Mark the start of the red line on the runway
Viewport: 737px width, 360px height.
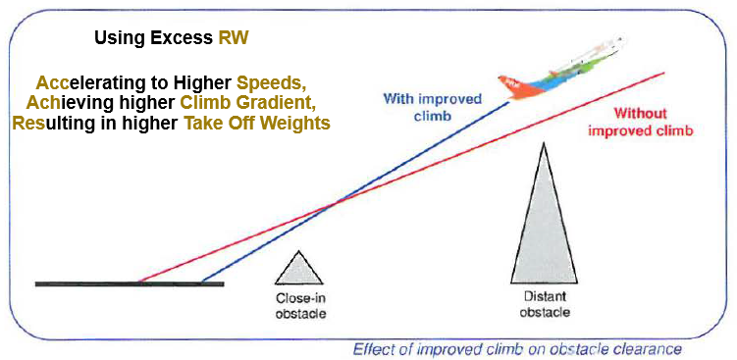[x=136, y=283]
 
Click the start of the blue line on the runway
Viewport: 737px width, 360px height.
[x=201, y=283]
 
